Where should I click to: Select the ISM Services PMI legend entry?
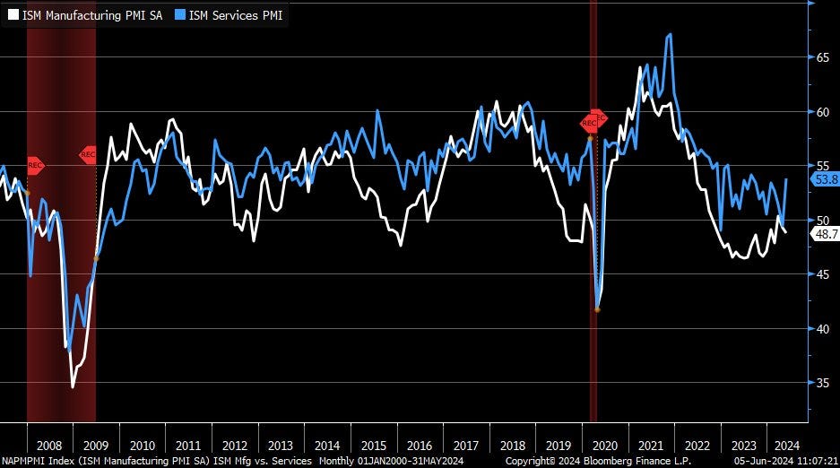tap(231, 14)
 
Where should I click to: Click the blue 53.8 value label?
tap(825, 179)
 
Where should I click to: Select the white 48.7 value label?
tap(825, 233)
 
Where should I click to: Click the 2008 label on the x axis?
tap(50, 445)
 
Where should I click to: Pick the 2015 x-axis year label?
tap(374, 445)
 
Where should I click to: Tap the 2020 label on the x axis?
tap(605, 445)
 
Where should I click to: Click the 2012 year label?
tap(235, 445)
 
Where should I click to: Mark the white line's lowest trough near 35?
tap(73, 386)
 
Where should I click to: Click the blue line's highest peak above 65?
tap(670, 35)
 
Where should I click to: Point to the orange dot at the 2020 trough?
tap(597, 309)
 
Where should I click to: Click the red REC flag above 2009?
tap(88, 154)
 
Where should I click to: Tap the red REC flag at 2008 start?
tap(35, 165)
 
